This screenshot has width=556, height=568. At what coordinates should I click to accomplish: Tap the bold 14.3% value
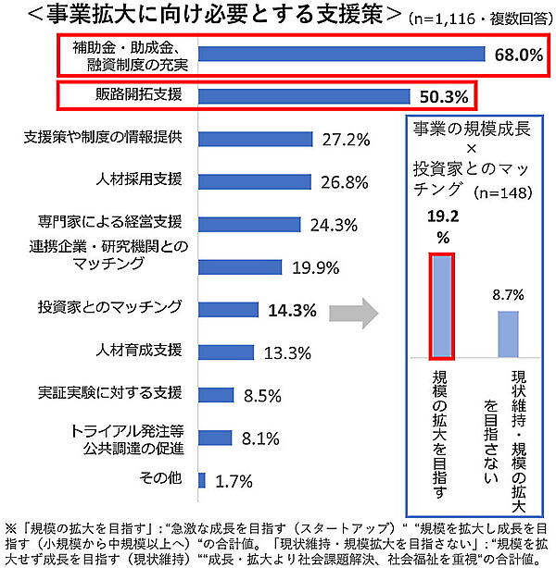pos(294,309)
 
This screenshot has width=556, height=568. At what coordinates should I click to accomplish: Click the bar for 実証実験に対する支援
pos(216,394)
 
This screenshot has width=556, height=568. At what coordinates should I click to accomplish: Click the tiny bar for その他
pos(201,479)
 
